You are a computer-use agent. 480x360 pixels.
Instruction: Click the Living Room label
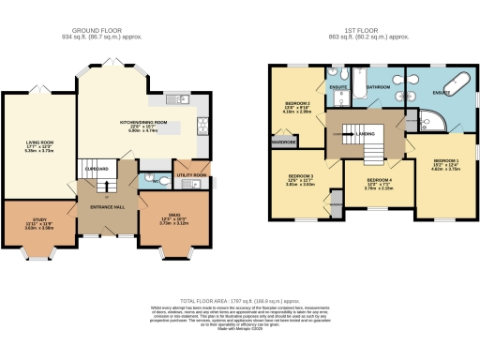tap(39, 143)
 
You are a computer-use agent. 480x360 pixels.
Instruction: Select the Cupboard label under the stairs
tap(97, 169)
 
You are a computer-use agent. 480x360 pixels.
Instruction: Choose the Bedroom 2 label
tap(299, 108)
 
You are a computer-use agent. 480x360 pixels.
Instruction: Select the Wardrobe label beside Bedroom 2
tap(284, 142)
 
